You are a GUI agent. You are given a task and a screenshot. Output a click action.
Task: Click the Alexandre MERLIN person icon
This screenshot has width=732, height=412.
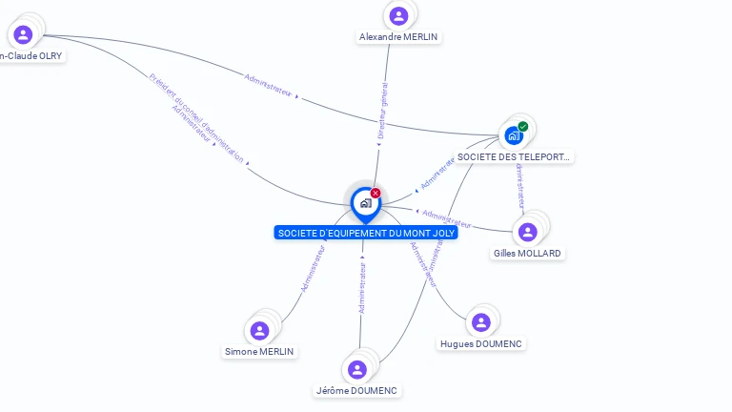coord(398,15)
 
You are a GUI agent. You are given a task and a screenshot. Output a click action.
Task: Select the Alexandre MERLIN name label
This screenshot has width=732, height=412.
coord(399,37)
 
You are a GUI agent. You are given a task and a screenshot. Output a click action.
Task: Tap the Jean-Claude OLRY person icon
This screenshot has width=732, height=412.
coord(23,34)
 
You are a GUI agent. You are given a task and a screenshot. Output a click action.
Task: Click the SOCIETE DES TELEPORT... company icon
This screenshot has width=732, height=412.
coord(514,135)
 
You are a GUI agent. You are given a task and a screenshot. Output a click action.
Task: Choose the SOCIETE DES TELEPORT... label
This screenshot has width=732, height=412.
coord(515,156)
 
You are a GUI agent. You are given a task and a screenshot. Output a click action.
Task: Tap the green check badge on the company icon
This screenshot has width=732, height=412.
coord(523,126)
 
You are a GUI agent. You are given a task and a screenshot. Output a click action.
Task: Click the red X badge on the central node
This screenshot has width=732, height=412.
coord(376,193)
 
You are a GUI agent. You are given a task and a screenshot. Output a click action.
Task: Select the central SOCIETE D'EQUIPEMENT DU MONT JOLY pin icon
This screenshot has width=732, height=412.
coord(365,203)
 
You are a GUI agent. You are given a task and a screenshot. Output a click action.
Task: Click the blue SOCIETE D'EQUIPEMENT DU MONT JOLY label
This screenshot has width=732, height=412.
coord(366,233)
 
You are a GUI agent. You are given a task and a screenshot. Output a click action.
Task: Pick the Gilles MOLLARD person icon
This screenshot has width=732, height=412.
coord(528,232)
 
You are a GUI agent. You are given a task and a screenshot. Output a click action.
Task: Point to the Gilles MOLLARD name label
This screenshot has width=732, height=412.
coord(527,254)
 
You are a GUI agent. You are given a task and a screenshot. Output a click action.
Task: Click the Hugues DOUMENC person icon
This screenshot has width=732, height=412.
coord(480,322)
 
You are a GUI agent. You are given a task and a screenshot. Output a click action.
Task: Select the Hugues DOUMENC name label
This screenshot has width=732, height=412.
coord(481,343)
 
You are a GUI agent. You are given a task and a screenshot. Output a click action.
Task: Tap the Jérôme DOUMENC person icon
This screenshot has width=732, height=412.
coord(357,369)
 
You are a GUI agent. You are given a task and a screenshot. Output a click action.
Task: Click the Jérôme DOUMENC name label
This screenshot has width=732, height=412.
coord(357,391)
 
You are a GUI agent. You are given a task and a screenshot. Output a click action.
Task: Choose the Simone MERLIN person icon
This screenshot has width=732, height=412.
coord(259,330)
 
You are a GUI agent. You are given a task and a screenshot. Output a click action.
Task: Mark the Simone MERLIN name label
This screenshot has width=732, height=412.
coord(259,351)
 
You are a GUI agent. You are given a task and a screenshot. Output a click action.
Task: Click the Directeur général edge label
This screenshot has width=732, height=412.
coord(383,112)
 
